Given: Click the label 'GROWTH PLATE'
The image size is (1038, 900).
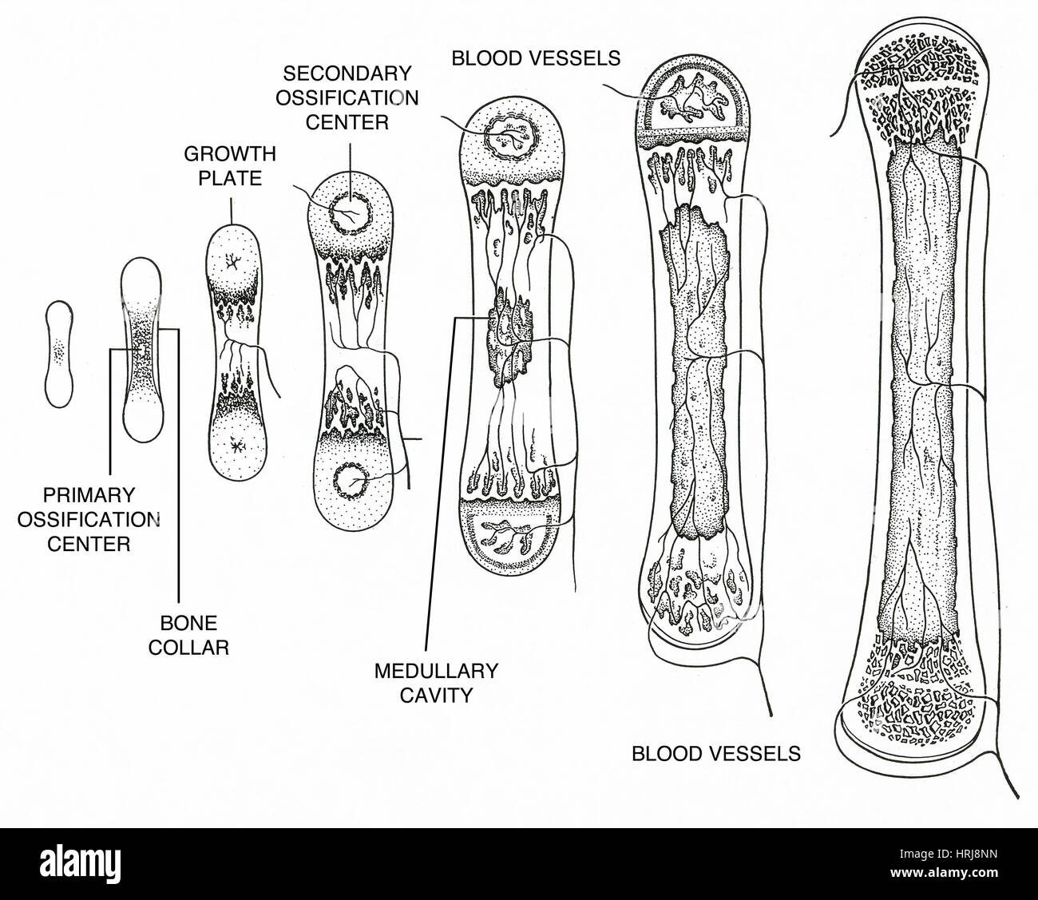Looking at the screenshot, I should (230, 165).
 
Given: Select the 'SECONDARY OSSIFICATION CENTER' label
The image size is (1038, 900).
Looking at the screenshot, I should (349, 98).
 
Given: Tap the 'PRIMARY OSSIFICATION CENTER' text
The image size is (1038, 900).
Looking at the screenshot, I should (89, 518).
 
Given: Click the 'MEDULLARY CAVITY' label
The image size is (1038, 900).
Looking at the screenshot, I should (435, 682).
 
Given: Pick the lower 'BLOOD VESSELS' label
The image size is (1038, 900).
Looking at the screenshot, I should (715, 752).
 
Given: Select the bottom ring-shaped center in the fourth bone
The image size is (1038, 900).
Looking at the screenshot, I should (348, 482).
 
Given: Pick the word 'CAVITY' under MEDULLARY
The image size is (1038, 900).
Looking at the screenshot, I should (435, 694).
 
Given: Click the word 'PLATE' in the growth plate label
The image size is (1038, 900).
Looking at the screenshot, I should (230, 176).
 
